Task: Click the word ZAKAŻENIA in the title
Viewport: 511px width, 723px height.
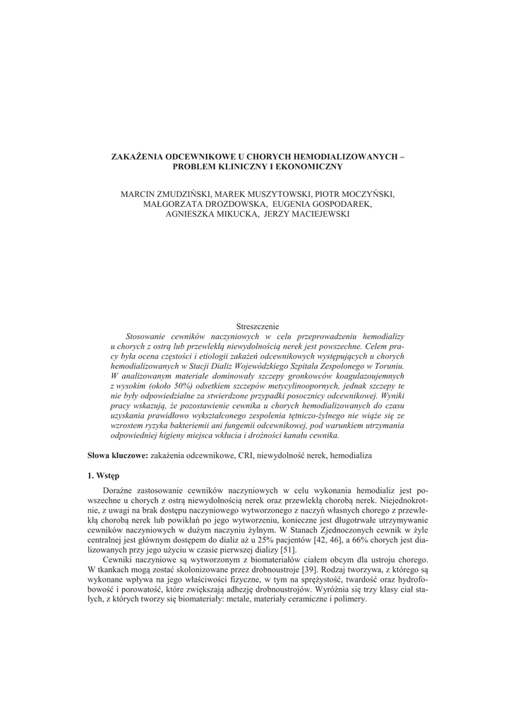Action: [x=138, y=156]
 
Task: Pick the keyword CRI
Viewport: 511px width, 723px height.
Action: [x=246, y=456]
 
